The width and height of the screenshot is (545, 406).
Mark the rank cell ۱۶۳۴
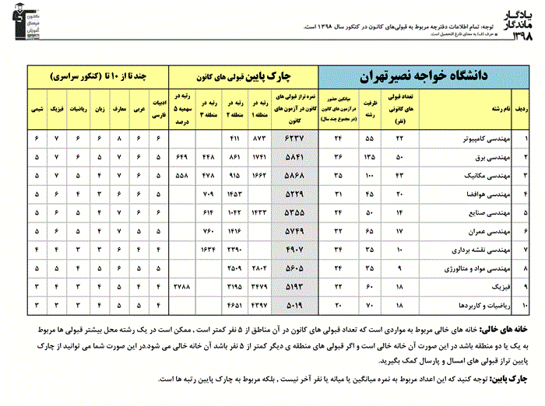point(208,249)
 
